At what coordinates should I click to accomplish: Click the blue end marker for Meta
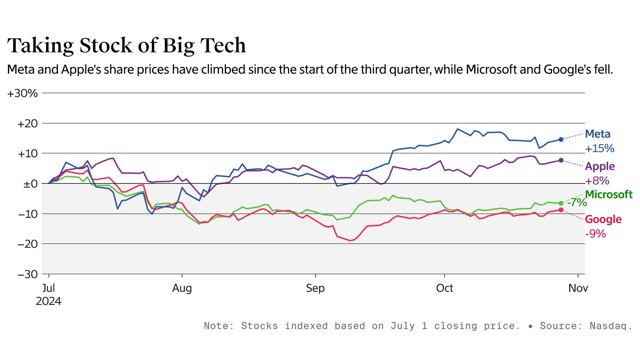[x=561, y=139]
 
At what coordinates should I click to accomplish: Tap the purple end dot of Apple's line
[x=561, y=160]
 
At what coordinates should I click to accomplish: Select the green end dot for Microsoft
[x=561, y=203]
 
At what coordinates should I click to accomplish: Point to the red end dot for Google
[x=561, y=210]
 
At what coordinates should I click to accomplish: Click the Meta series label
[x=598, y=134]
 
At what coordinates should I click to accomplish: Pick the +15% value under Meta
[x=600, y=149]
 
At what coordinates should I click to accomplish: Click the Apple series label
[x=600, y=166]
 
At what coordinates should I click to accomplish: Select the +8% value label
[x=597, y=181]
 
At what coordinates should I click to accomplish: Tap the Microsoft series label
[x=609, y=194]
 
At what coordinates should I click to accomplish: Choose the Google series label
[x=603, y=219]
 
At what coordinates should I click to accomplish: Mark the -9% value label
[x=596, y=234]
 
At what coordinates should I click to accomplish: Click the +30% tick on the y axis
[x=22, y=93]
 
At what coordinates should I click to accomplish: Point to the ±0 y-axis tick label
[x=30, y=184]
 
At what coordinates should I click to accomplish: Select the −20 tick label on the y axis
[x=28, y=244]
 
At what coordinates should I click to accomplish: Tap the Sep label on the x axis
[x=315, y=288]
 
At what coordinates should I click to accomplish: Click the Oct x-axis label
[x=444, y=288]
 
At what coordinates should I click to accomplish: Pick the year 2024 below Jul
[x=49, y=301]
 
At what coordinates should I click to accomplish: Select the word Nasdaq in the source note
[x=611, y=326]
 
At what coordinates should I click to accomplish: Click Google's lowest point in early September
[x=350, y=241]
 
